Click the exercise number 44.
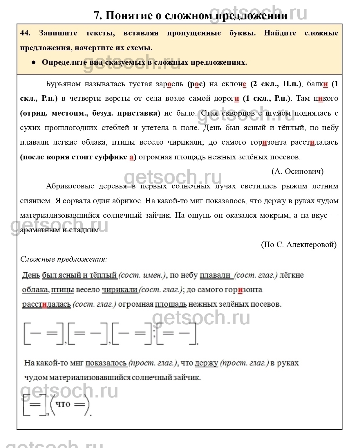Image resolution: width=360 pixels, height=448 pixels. [25, 33]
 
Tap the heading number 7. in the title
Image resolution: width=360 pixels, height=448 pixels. [98, 15]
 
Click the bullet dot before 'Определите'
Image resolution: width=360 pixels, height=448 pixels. [34, 62]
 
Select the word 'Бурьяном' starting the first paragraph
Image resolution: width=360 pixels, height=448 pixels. [63, 84]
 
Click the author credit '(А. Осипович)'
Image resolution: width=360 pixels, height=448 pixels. [297, 172]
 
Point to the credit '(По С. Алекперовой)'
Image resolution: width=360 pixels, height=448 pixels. [299, 244]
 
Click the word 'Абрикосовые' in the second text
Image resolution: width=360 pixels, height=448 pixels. [70, 186]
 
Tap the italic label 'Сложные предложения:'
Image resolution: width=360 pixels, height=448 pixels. [64, 259]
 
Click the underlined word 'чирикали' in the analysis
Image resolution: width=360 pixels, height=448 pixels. [120, 290]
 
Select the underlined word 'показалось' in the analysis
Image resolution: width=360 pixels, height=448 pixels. [106, 363]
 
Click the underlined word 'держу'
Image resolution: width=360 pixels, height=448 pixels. [206, 363]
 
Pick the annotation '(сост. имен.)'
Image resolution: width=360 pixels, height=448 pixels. [142, 275]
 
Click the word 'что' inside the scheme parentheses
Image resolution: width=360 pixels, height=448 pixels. [63, 404]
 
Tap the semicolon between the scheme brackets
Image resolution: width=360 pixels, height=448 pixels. [154, 333]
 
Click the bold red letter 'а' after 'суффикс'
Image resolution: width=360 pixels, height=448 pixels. [131, 157]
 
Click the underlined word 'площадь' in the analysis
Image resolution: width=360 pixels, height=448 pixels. [171, 304]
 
